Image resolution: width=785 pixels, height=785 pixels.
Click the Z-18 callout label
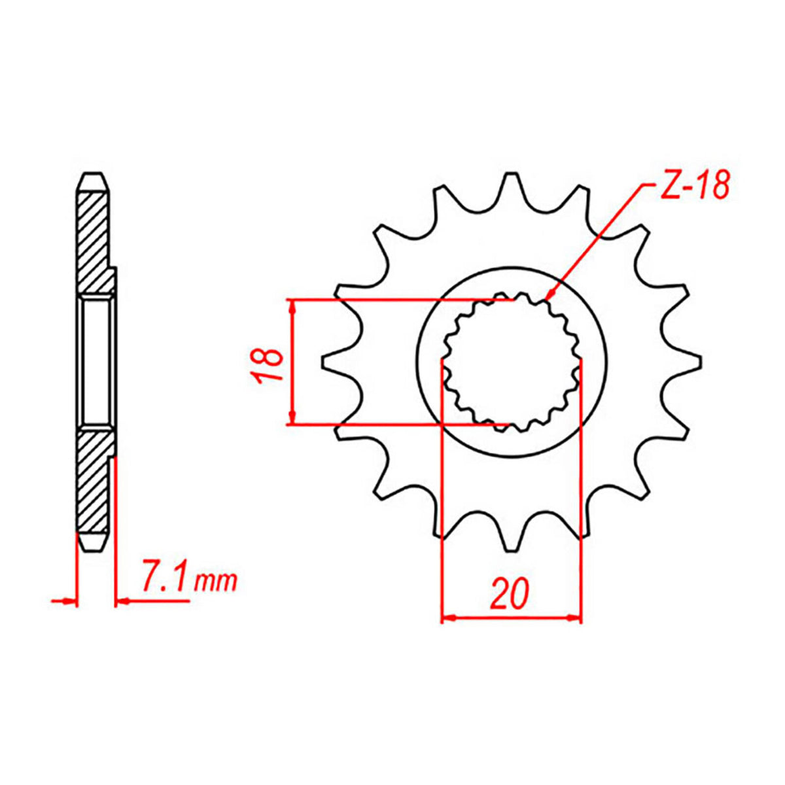click(x=692, y=186)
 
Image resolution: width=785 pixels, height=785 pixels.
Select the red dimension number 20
click(x=510, y=594)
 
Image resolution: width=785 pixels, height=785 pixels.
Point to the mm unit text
click(x=217, y=582)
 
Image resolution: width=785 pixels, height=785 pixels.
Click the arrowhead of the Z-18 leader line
click(x=548, y=297)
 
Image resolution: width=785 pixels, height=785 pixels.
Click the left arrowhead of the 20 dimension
click(x=448, y=617)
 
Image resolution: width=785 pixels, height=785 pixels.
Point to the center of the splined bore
click(x=512, y=362)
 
